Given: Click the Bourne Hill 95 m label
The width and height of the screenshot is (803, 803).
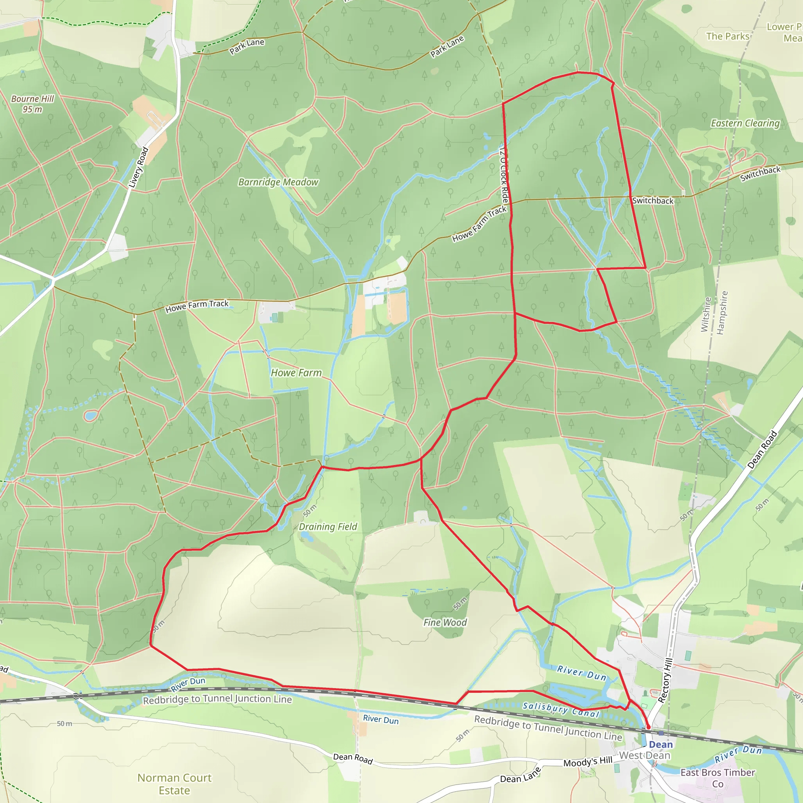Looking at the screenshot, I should [x=33, y=104].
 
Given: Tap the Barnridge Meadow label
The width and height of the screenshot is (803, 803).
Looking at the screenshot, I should [x=278, y=182].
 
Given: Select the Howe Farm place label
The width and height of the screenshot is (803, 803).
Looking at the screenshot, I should [x=296, y=373].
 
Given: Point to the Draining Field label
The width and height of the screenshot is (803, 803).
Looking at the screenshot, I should [x=327, y=527].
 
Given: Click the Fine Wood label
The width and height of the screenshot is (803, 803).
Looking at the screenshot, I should [x=445, y=622].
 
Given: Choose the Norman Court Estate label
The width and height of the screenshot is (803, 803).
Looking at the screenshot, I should [x=174, y=784].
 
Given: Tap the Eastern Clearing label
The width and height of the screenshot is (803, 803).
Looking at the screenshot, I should [x=745, y=123].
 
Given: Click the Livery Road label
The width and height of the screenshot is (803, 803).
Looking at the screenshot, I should [x=138, y=167].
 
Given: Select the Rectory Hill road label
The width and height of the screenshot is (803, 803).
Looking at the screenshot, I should [x=665, y=680].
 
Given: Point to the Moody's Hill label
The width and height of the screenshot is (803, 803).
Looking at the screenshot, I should [x=588, y=762].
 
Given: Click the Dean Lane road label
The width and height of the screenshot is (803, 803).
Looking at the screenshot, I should [x=520, y=775].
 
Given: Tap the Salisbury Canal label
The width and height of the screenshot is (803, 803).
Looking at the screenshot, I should [x=561, y=709].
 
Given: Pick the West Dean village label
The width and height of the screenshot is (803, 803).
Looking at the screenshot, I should [x=645, y=755].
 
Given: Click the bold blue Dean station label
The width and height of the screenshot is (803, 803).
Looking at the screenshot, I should [x=660, y=745].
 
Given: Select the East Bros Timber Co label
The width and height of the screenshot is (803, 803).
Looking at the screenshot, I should [x=718, y=778].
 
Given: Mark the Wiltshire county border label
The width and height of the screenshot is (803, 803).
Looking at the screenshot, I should [x=705, y=314].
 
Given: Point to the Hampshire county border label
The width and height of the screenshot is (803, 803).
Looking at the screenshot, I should [x=723, y=312].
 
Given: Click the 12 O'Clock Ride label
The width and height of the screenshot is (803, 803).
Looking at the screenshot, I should [x=504, y=174].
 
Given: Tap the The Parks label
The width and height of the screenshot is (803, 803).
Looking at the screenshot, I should [x=728, y=36].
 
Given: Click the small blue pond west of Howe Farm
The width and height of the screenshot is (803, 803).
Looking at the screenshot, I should [x=90, y=415].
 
